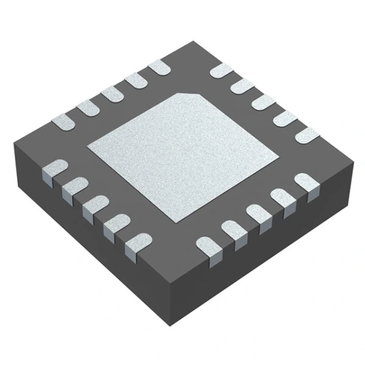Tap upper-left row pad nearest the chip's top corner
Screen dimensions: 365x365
click(160, 68)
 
